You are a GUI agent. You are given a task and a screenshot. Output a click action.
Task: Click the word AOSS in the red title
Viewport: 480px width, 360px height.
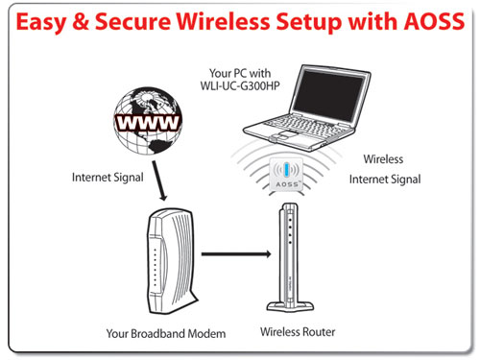point(434,21)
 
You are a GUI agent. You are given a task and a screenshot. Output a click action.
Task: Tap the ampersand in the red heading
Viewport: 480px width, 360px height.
point(81,21)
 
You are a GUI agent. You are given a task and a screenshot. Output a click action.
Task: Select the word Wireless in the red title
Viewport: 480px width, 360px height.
point(223,21)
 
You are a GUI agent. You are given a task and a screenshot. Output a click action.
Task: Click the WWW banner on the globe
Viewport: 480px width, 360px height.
point(148,122)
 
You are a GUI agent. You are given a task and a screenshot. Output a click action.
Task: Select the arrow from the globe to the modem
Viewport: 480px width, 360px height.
point(159,180)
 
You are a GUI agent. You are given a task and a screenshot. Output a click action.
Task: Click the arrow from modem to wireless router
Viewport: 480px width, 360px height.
point(236,254)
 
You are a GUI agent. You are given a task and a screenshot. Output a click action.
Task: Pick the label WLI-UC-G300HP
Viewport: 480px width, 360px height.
point(240,85)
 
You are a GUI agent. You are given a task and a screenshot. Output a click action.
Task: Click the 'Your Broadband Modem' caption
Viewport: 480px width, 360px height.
point(166,333)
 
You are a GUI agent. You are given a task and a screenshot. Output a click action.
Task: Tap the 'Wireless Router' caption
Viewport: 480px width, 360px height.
point(298,332)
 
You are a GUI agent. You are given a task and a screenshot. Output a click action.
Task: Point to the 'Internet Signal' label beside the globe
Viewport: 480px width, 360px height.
point(108,178)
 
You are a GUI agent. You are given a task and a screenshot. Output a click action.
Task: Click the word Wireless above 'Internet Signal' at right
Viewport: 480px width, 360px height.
point(383,159)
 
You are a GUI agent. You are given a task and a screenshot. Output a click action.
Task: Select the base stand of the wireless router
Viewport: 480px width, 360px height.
point(290,306)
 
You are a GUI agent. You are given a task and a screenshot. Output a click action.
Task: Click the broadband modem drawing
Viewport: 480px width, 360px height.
point(171,261)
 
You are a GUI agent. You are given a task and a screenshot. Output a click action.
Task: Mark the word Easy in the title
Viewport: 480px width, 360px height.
point(41,22)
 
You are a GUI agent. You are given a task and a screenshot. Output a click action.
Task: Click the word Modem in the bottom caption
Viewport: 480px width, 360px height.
point(206,333)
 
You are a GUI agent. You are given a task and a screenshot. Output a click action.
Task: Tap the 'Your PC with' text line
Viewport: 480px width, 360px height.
point(240,73)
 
